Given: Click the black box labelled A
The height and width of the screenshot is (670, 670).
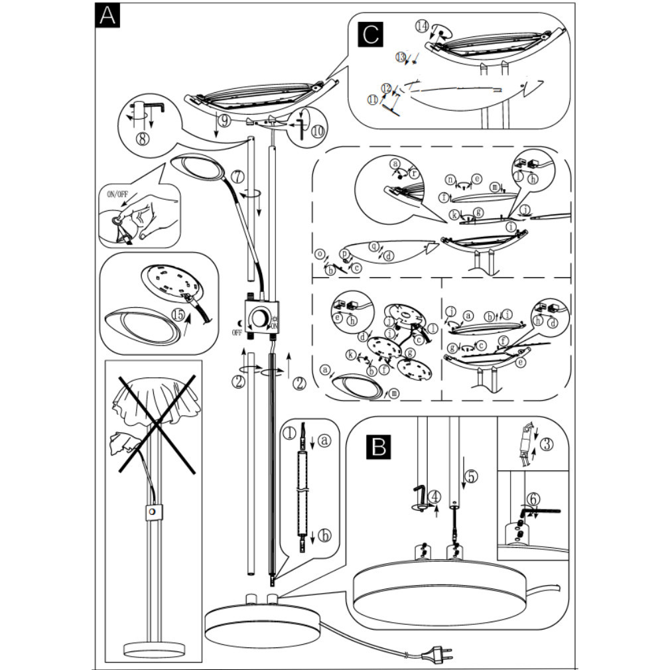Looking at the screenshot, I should click(107, 15).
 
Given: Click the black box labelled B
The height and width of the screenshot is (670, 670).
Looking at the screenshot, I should click(379, 446).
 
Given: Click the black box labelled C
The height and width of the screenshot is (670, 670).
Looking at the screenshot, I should click(370, 34).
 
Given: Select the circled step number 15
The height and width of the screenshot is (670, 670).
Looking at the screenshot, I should click(178, 313).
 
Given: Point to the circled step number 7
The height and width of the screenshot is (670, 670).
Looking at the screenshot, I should click(237, 178).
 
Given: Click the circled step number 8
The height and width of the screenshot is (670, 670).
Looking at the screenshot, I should click(141, 139).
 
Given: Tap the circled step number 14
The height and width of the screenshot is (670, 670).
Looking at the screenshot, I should click(422, 26).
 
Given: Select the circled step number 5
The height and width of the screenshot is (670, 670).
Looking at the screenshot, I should click(470, 476).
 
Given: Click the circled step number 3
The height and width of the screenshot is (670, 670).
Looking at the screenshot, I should click(546, 444).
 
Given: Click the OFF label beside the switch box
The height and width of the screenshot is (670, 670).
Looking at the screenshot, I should click(237, 332).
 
